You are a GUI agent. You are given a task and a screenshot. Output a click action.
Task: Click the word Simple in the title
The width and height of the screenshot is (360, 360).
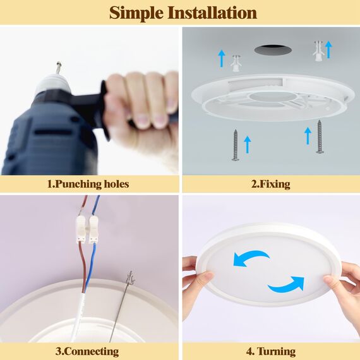[x=136, y=13]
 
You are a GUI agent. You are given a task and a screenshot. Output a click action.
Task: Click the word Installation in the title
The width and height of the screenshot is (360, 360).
[x=212, y=13]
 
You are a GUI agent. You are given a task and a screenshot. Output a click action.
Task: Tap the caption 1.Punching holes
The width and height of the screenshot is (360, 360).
[x=88, y=184]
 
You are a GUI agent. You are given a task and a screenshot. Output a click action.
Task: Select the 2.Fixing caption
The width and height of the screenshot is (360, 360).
[x=271, y=184]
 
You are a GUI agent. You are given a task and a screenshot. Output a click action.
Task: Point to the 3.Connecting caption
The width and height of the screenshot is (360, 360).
[x=87, y=352]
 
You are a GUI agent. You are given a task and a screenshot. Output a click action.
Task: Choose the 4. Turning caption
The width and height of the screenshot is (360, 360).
[x=271, y=351]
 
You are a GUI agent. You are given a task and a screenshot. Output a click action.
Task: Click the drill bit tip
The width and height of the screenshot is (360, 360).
[x=59, y=63]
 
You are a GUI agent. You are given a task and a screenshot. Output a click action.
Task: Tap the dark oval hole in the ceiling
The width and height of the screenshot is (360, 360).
[x=273, y=50]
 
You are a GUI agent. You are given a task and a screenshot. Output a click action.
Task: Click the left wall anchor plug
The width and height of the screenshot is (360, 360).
[x=236, y=63]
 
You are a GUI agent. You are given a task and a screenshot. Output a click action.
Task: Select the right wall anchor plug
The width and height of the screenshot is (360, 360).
[x=318, y=51]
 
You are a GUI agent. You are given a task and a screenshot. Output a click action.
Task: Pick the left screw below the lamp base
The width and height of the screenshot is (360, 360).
[x=235, y=145]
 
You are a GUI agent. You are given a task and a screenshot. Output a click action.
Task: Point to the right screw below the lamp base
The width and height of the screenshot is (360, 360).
[x=320, y=136]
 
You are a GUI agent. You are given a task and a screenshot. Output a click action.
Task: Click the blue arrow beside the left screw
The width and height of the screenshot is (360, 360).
[x=248, y=145]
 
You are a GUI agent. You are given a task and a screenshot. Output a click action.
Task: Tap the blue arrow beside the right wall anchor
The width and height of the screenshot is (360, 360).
[x=329, y=49]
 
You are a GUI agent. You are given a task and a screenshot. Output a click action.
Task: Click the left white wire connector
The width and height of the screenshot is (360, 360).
[x=81, y=230]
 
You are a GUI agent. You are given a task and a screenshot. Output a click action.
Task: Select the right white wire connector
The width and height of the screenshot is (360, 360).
[x=93, y=229]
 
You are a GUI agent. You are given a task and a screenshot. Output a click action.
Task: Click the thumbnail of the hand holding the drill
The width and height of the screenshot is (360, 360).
[x=89, y=101]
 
